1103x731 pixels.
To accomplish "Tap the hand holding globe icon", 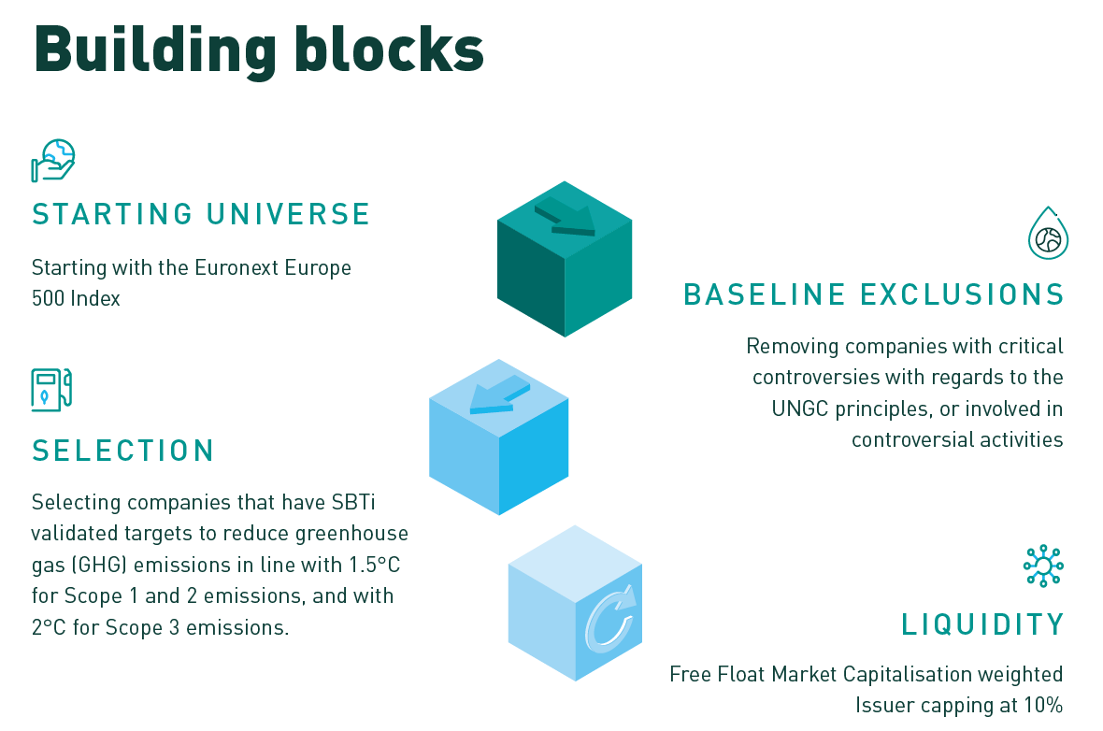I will (53, 160).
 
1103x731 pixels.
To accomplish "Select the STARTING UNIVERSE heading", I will (201, 214).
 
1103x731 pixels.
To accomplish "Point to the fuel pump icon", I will (51, 389).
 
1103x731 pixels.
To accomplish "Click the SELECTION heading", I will (123, 451).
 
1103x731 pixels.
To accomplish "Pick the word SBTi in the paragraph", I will (357, 503).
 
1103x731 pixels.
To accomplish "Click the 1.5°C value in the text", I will (367, 565).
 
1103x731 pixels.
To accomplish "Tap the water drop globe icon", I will (1048, 234).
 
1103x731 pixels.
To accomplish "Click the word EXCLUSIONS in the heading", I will (962, 294).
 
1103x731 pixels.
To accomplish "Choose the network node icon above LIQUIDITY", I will (1043, 566).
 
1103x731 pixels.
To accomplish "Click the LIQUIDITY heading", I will (982, 623).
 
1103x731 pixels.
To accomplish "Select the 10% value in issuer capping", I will (1041, 705).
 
